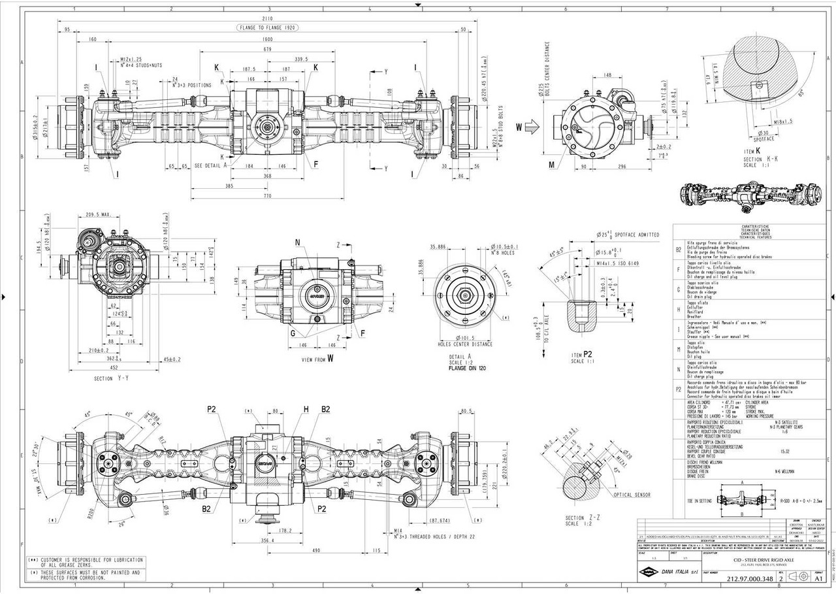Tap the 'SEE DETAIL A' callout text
[x=211, y=166]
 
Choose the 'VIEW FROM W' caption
[x=316, y=359]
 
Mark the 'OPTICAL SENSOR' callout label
[x=632, y=495]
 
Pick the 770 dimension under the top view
[x=266, y=195]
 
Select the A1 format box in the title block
[x=818, y=578]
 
